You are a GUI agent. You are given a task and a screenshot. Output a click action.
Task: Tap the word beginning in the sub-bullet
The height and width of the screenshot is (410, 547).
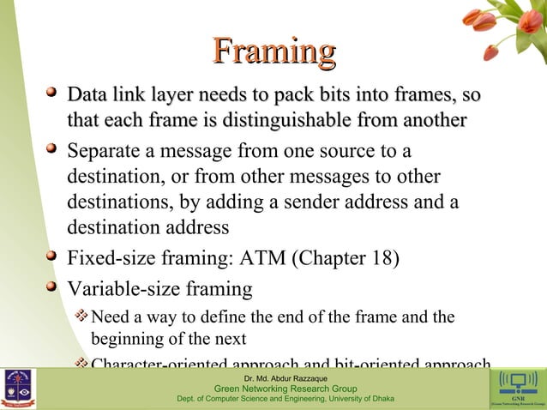coord(128,337)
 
